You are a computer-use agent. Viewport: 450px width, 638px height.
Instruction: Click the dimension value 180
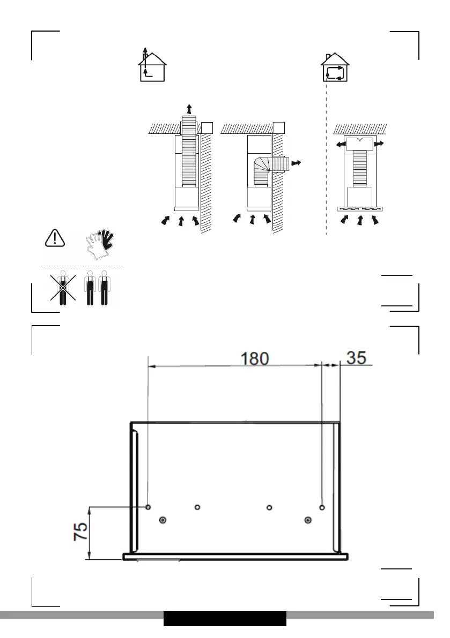(x=255, y=358)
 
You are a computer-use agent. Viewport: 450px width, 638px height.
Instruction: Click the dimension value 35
(x=356, y=358)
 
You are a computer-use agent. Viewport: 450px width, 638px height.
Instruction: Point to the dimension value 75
(x=80, y=531)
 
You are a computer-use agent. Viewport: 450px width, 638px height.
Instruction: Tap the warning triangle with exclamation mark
(x=55, y=238)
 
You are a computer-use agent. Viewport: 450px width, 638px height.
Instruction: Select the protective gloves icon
(x=100, y=245)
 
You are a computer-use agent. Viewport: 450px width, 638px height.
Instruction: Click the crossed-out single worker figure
(x=63, y=288)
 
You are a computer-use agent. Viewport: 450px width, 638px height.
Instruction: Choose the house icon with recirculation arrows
(x=335, y=67)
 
